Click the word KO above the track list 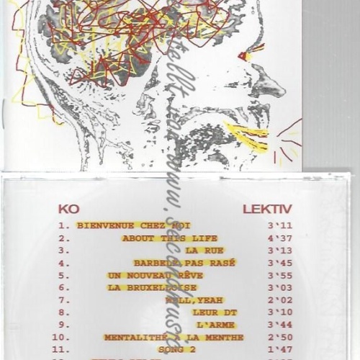tap(68, 209)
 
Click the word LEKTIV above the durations tap(267, 209)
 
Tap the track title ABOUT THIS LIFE tap(170, 238)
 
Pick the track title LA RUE tap(201, 251)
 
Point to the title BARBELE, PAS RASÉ tap(184, 263)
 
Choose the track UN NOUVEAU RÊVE tap(155, 275)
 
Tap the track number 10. tap(62, 337)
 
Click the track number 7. tap(63, 300)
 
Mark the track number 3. tap(63, 251)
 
